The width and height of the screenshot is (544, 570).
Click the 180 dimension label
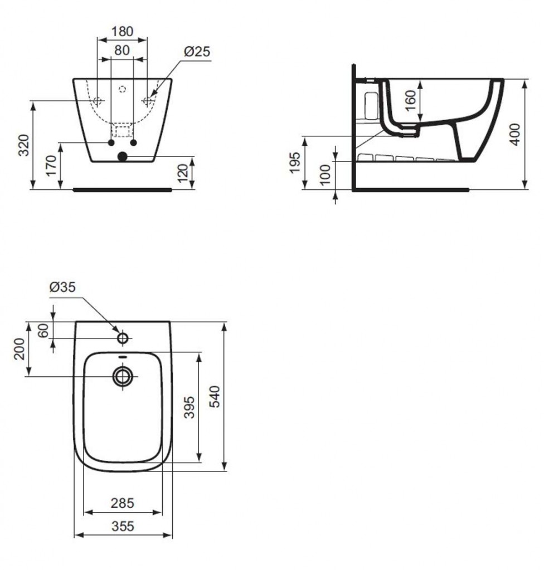click(x=122, y=31)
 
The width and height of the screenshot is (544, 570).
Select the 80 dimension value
click(x=122, y=50)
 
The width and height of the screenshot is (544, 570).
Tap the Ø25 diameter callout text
click(x=197, y=51)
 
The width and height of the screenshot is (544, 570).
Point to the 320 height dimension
click(x=24, y=145)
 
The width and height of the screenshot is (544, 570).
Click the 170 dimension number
click(x=51, y=165)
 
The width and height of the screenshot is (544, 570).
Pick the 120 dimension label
click(x=183, y=174)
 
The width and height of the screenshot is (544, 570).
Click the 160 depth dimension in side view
click(x=410, y=101)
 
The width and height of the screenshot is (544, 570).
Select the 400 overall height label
click(x=515, y=134)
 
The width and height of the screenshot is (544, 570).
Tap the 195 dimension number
click(x=295, y=163)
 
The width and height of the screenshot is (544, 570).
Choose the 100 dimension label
click(x=325, y=175)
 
